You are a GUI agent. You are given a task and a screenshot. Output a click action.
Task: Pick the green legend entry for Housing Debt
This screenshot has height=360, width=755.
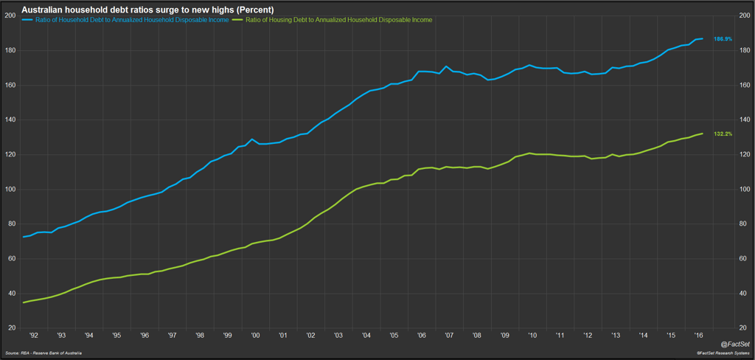point(332,19)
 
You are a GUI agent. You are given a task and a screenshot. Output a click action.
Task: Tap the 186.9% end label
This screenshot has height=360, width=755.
point(723,38)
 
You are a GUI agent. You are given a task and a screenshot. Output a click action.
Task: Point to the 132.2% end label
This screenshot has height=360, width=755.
point(723,134)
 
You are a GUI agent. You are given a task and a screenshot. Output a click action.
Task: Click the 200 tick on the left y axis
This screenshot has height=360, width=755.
point(10,15)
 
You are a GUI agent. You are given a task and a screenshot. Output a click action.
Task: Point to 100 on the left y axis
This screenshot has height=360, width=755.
point(10,190)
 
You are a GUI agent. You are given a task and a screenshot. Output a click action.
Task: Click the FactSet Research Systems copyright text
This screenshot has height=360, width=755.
point(720,354)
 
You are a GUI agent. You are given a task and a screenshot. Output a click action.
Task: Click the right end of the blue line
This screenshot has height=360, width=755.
point(703,38)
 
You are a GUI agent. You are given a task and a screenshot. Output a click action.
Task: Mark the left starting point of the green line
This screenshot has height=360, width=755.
point(24,302)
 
